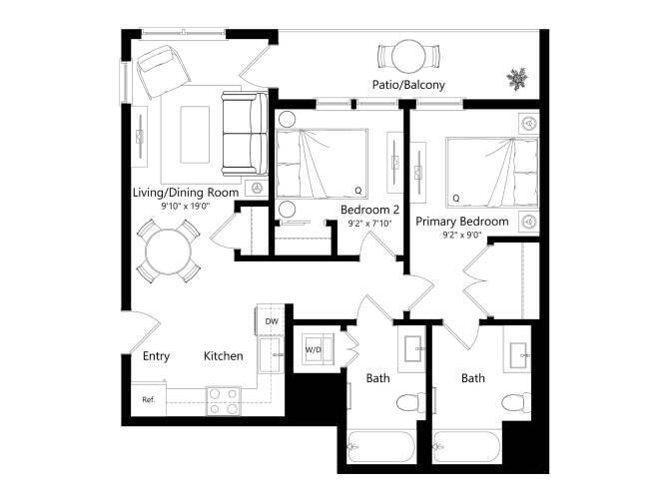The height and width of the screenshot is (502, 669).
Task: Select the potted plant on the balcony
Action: (x=517, y=77)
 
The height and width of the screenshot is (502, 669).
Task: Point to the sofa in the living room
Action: (x=243, y=131)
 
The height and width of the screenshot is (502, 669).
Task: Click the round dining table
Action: (x=167, y=250)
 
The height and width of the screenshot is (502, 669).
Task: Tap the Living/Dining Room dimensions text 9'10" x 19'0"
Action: (x=185, y=206)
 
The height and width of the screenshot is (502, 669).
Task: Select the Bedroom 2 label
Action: (x=369, y=211)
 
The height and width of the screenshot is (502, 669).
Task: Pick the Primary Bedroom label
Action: (x=462, y=222)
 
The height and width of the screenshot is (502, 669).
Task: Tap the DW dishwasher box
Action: (x=271, y=321)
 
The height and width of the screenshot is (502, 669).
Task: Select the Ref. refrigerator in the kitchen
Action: (x=148, y=400)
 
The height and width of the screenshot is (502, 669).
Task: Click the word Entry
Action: (x=157, y=356)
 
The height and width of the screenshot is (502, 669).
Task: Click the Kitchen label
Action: (x=224, y=356)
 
